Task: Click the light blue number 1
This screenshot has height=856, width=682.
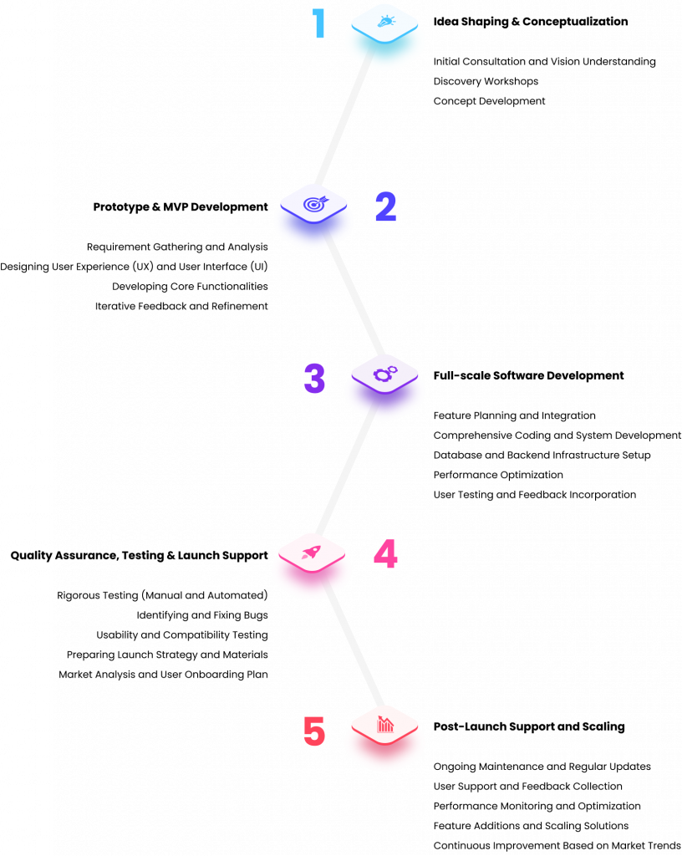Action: pyautogui.click(x=318, y=23)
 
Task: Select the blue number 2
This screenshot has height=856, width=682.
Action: pyautogui.click(x=385, y=206)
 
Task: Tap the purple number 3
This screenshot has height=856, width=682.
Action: pyautogui.click(x=314, y=379)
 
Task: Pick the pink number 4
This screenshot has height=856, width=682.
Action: pyautogui.click(x=385, y=554)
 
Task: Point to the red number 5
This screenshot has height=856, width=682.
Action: pyautogui.click(x=313, y=731)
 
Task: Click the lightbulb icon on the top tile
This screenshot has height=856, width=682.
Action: pyautogui.click(x=385, y=21)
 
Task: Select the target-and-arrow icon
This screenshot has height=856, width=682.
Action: pyautogui.click(x=314, y=203)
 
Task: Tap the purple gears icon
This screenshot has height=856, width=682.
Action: pyautogui.click(x=384, y=374)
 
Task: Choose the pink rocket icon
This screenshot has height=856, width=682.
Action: pyautogui.click(x=312, y=552)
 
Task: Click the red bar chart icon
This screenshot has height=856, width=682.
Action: pyautogui.click(x=384, y=724)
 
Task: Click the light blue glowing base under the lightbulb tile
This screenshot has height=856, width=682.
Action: pyautogui.click(x=384, y=54)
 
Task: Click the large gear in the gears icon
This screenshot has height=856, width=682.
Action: pyautogui.click(x=382, y=375)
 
